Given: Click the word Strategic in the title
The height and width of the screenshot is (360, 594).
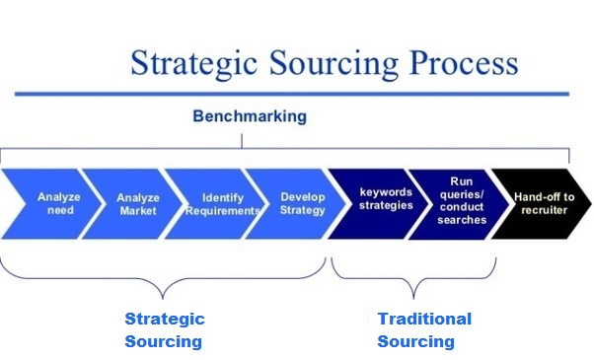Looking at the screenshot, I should (x=190, y=64).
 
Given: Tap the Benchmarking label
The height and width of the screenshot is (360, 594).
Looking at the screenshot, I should (x=249, y=116).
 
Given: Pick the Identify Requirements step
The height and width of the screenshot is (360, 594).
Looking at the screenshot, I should (x=218, y=204).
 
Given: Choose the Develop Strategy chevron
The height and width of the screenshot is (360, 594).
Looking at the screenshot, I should (x=299, y=204).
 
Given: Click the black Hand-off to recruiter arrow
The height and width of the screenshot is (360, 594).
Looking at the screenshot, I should (x=541, y=204).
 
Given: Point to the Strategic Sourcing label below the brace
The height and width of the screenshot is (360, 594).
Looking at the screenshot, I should (x=164, y=330).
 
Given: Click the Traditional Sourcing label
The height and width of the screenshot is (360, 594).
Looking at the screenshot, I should (x=424, y=330).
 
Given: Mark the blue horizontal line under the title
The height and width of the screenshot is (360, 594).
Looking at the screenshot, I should (x=296, y=94).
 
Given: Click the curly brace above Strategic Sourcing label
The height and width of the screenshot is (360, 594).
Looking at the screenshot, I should (x=165, y=281).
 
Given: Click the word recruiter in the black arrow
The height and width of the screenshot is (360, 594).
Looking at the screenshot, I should (x=541, y=212).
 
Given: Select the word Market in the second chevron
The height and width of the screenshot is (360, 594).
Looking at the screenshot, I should (x=137, y=211).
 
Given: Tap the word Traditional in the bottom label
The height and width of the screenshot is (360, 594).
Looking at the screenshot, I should (x=424, y=319).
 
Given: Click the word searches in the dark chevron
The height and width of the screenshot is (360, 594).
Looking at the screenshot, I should (x=462, y=220).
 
